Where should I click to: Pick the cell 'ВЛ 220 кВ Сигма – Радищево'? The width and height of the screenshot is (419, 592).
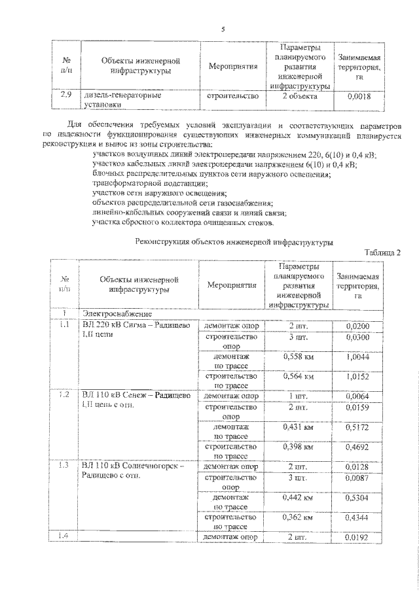pyautogui.click(x=136, y=325)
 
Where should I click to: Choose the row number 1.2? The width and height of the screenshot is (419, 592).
pyautogui.click(x=65, y=396)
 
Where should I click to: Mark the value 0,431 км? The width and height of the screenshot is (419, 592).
pyautogui.click(x=299, y=428)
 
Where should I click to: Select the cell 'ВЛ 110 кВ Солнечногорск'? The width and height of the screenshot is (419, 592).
pyautogui.click(x=134, y=466)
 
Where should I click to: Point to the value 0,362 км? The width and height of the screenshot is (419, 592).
pyautogui.click(x=299, y=517)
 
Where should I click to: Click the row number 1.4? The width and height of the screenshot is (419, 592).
pyautogui.click(x=65, y=536)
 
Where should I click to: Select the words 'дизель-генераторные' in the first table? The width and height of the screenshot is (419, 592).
pyautogui.click(x=117, y=96)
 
